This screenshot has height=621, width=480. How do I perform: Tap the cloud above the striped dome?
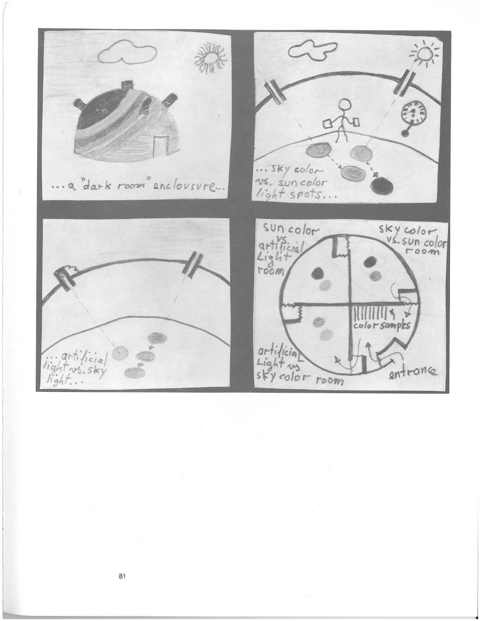[x=127, y=52]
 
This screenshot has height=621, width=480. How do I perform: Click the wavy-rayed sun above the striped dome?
[x=211, y=58]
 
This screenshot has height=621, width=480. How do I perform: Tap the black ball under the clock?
[x=404, y=133]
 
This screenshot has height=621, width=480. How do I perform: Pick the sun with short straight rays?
[x=425, y=54]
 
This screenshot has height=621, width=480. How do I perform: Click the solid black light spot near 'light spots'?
[x=382, y=185]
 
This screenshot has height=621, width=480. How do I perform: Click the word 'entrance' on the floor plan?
[x=412, y=371]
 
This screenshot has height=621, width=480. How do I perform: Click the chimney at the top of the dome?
[x=127, y=85]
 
